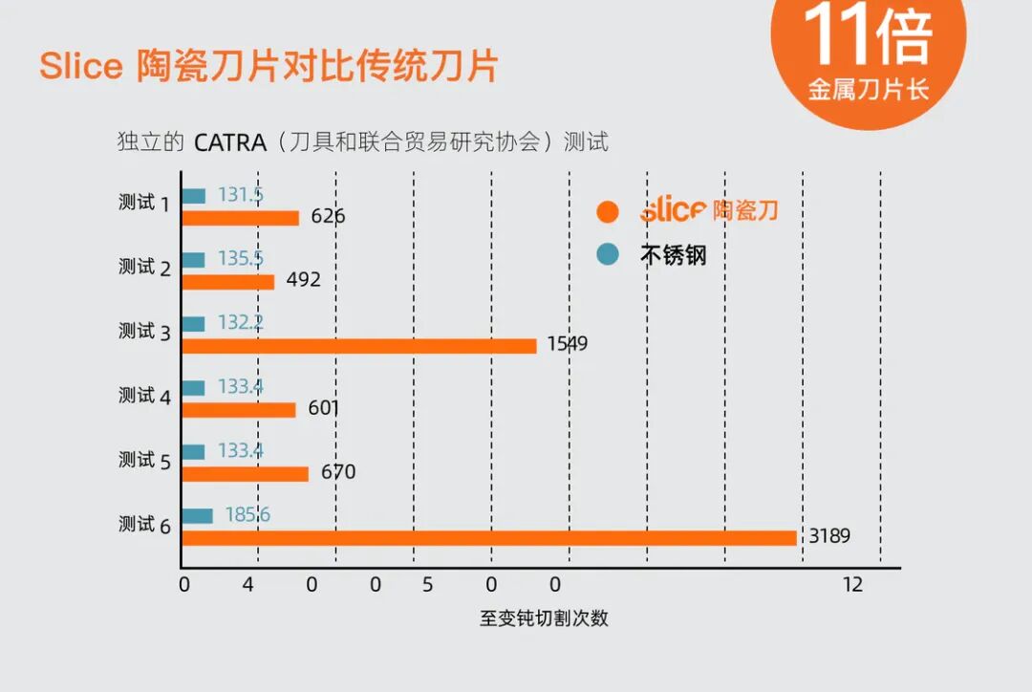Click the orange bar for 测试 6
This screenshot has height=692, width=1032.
489,538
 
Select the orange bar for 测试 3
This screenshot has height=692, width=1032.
359,346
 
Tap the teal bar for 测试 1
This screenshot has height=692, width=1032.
193,196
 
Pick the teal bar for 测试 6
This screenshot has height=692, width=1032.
198,515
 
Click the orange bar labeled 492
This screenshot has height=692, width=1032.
228,282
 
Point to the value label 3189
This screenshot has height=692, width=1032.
829,536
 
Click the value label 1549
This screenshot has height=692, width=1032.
568,344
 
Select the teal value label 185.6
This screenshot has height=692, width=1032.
247,514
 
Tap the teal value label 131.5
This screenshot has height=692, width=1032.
241,195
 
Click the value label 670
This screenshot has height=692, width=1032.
338,472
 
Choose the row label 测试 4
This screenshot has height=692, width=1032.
145,396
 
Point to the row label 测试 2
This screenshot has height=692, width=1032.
145,268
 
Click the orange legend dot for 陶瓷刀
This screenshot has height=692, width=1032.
608,211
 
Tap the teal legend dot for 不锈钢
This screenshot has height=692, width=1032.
608,254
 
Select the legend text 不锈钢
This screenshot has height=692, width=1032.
674,255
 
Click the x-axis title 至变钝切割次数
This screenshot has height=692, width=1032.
545,618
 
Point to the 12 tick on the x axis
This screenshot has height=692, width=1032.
853,585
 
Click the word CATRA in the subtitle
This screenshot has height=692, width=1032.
230,142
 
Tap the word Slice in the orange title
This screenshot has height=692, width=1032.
81,66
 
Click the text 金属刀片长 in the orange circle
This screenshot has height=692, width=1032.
869,90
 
